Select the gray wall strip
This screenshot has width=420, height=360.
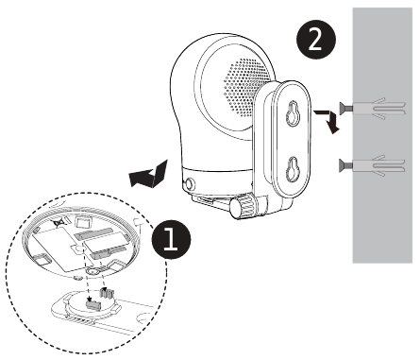pos(384,132)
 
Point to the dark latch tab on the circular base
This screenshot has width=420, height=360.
pos(92,304)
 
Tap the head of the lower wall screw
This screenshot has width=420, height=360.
pos(341,165)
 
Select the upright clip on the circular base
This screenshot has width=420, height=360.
pos(108,295)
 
